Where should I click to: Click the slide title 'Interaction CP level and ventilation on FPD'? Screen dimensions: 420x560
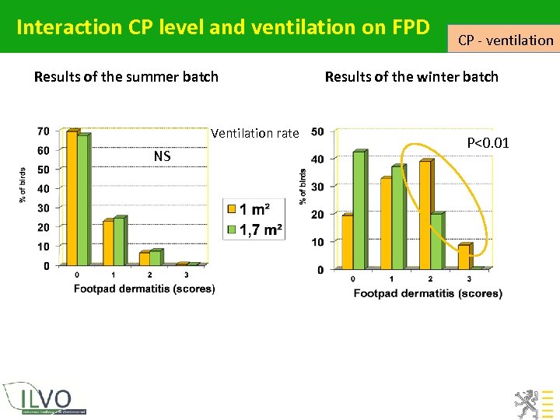(222, 27)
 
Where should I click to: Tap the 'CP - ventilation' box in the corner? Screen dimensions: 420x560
(505, 40)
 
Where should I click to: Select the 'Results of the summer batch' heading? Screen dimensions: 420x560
(126, 77)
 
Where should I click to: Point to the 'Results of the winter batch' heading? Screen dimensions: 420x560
(411, 77)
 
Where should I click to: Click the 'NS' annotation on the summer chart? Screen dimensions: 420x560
(162, 156)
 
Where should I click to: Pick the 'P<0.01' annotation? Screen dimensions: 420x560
(488, 142)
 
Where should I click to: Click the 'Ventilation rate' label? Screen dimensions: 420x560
(254, 133)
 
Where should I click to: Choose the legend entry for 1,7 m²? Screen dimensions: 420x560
(254, 229)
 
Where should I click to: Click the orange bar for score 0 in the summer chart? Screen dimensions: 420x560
(72, 199)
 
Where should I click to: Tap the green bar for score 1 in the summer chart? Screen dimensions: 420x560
(120, 241)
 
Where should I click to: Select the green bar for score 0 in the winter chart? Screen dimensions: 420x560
(358, 210)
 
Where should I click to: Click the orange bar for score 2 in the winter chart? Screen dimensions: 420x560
(425, 215)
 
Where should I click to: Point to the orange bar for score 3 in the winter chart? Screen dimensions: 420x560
(464, 257)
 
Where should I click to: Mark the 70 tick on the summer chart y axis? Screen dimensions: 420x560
(43, 131)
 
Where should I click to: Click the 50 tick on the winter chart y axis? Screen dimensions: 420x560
(318, 131)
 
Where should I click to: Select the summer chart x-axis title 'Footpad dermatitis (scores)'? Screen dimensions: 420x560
(144, 289)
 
